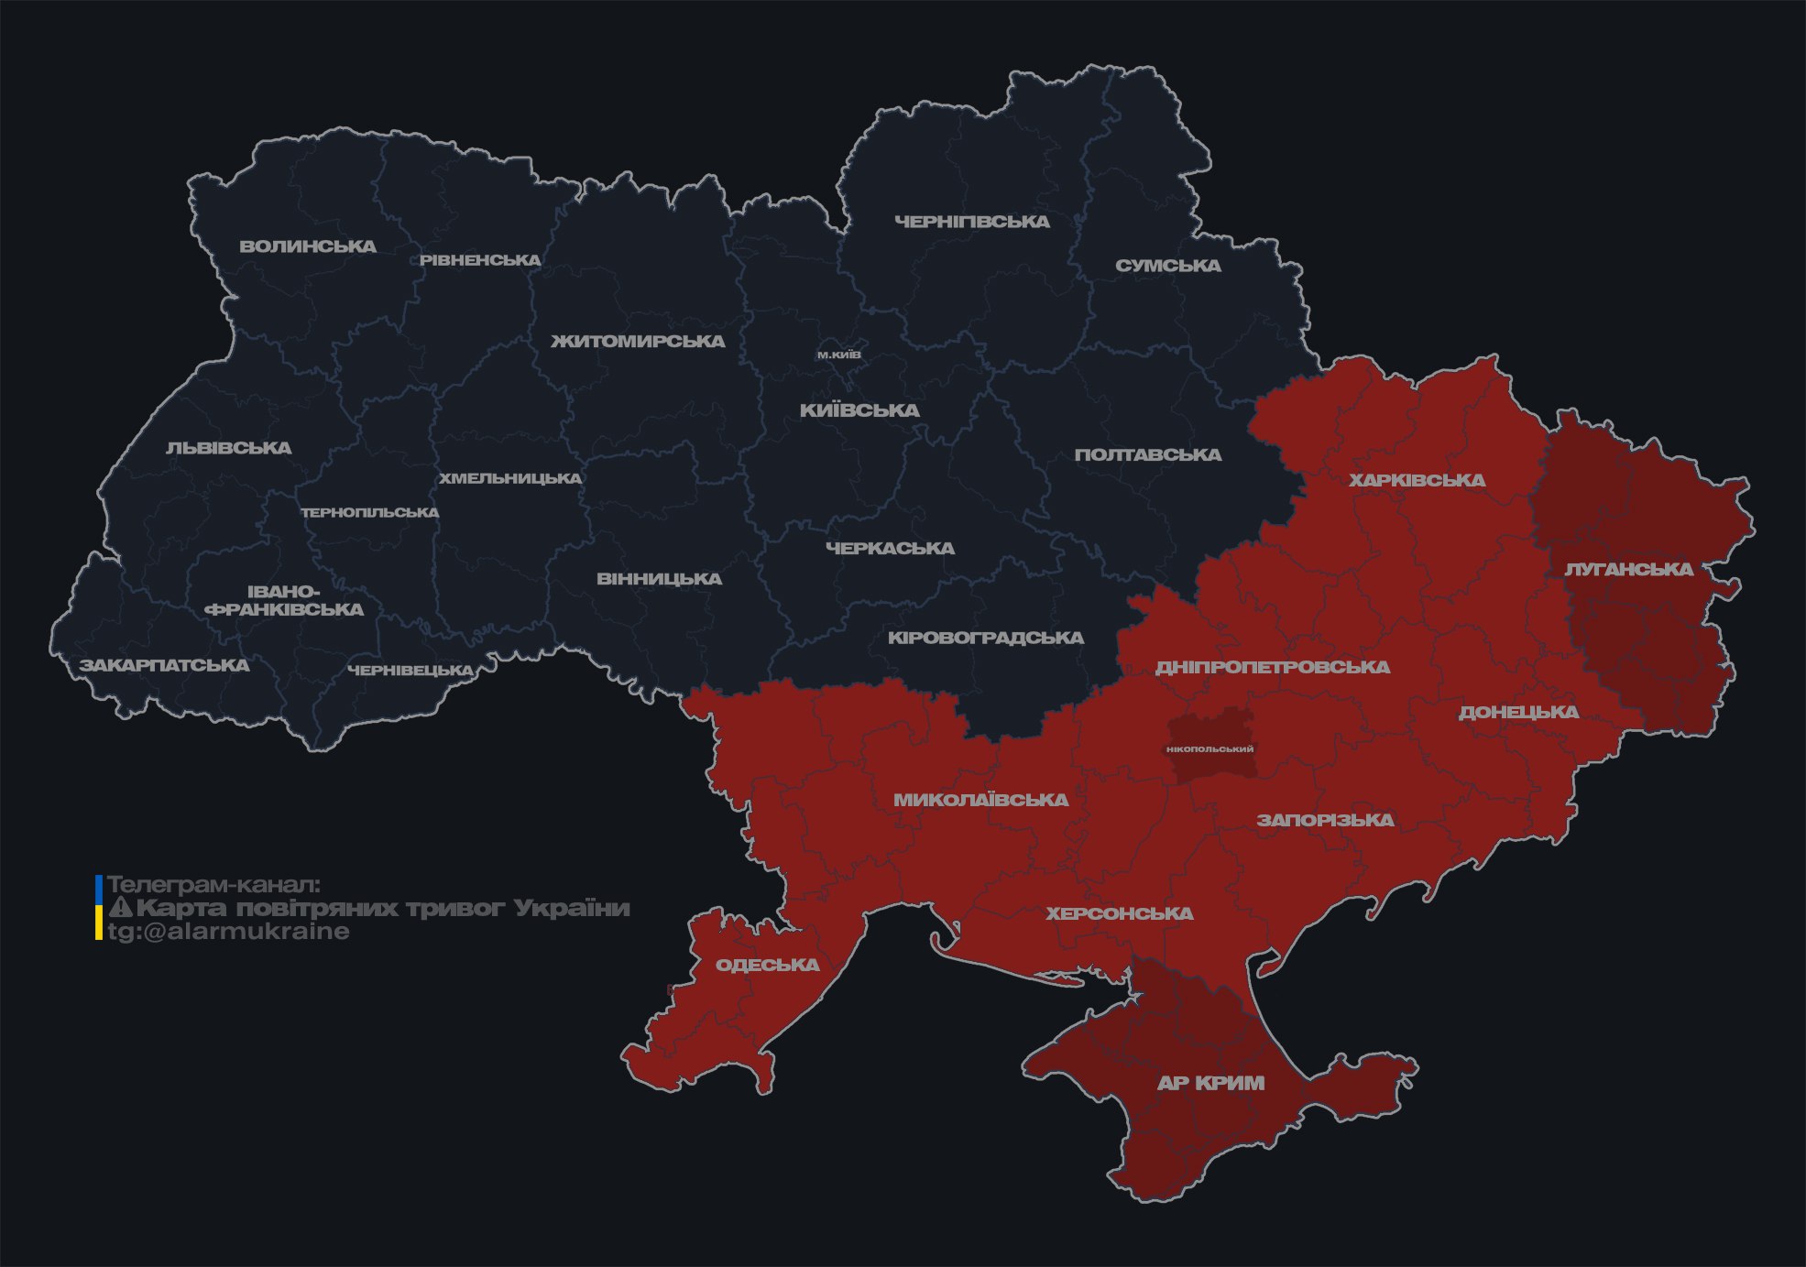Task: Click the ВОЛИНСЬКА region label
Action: tap(308, 246)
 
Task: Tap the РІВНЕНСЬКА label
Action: tap(480, 260)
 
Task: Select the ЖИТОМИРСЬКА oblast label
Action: tap(638, 342)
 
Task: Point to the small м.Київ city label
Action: tap(838, 355)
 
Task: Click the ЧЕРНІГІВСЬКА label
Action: tap(972, 222)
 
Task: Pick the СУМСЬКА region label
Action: tap(1168, 266)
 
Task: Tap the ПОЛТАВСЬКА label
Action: tap(1148, 455)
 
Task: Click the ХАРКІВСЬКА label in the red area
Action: tap(1417, 480)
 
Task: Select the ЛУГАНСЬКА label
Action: tap(1628, 570)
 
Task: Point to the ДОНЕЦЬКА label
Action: tap(1518, 712)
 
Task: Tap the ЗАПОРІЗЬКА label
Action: tap(1325, 820)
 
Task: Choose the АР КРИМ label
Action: tap(1210, 1083)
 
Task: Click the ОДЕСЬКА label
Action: tap(767, 965)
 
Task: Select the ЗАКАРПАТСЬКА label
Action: tap(164, 665)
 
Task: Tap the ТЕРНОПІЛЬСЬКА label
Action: tap(370, 513)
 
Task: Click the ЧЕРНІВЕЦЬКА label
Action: tap(410, 671)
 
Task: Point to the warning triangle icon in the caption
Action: tap(120, 908)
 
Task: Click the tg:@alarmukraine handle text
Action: tap(228, 932)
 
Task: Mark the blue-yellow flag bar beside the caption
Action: tap(99, 908)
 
